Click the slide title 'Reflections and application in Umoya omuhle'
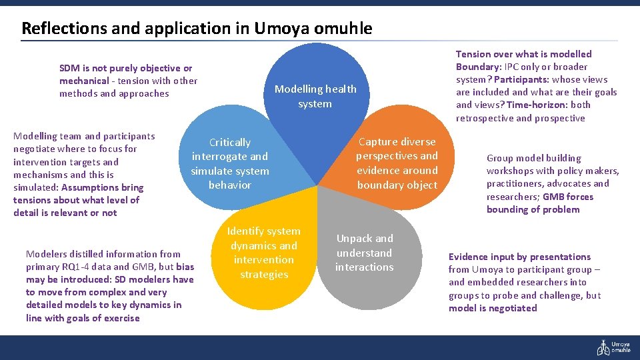coord(197,29)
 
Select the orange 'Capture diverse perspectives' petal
coord(397,163)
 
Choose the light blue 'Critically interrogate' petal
coord(230,164)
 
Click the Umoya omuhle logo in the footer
coord(613,347)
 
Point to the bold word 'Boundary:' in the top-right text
coord(478,67)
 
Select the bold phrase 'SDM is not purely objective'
coord(125,68)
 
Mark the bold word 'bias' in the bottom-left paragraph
coord(185,267)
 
